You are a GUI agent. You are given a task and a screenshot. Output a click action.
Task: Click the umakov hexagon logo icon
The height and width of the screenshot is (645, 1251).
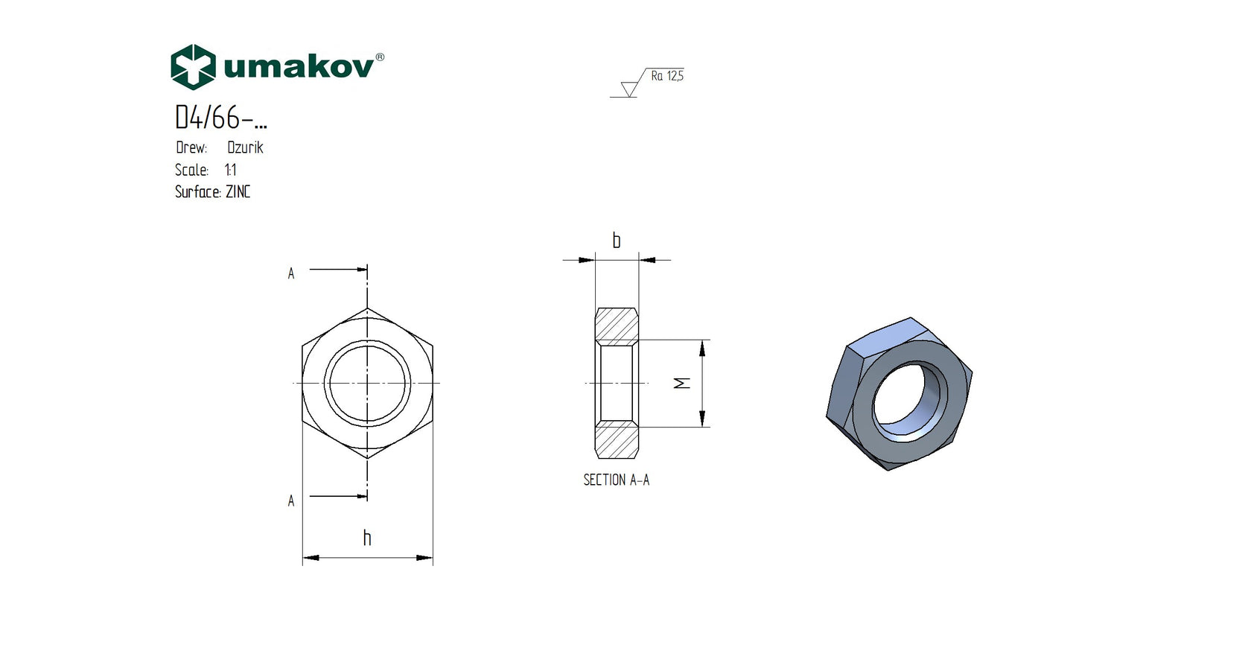tap(193, 67)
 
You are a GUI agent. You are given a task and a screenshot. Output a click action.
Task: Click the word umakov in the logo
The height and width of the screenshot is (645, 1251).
tap(298, 68)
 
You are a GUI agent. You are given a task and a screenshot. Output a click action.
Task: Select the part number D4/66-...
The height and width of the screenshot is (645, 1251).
tap(220, 118)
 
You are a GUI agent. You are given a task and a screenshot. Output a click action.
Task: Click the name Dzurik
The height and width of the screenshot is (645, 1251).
tap(245, 147)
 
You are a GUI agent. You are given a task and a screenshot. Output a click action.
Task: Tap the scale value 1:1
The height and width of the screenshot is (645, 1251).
tap(230, 170)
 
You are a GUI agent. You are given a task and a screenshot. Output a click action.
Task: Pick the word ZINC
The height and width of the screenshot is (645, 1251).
tap(238, 192)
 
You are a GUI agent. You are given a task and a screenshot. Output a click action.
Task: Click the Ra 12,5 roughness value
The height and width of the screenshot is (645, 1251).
tap(666, 76)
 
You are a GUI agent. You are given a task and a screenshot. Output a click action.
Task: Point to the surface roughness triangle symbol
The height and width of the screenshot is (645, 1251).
tap(629, 89)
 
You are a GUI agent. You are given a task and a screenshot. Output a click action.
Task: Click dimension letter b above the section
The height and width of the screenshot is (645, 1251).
tap(616, 241)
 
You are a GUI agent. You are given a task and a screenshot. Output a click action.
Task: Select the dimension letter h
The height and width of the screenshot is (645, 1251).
tap(366, 538)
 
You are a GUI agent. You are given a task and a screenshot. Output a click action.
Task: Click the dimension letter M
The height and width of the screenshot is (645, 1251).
tap(682, 383)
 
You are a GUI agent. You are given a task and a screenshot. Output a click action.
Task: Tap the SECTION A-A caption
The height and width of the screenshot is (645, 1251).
tap(616, 480)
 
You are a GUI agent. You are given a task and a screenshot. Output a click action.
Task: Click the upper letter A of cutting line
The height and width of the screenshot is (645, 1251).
tap(291, 274)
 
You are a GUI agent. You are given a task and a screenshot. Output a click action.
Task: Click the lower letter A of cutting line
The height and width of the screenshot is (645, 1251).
tap(291, 501)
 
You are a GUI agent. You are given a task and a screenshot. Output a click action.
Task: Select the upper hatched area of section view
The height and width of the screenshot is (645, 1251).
tap(617, 325)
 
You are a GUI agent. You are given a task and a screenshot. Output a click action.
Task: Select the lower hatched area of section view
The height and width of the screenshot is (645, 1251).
tap(617, 440)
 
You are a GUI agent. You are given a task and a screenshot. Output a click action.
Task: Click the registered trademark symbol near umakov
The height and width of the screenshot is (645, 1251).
tap(380, 57)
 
